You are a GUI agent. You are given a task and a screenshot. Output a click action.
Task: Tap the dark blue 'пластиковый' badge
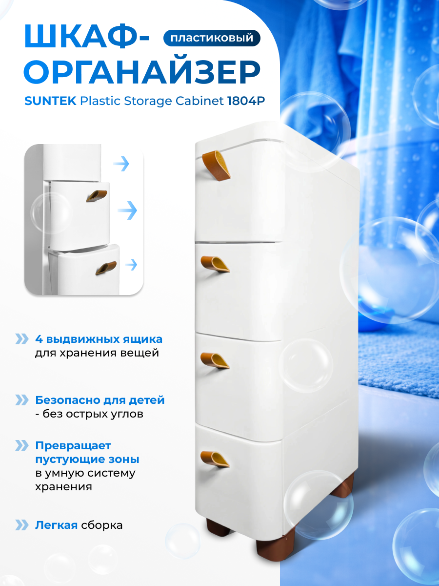[212, 38]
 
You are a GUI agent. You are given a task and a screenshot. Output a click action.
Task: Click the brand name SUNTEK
[50, 102]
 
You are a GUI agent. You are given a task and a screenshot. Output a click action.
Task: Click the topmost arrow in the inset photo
[121, 164]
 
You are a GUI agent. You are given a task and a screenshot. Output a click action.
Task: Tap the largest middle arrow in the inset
[127, 211]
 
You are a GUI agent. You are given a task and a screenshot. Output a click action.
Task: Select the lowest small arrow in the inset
[131, 265]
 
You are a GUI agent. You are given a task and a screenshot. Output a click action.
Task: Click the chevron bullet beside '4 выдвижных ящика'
[22, 339]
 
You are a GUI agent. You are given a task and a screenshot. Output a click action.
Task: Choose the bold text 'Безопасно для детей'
[100, 400]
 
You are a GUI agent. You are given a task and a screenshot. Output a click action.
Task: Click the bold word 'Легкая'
[56, 525]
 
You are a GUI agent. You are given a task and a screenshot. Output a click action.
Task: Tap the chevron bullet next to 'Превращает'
[22, 445]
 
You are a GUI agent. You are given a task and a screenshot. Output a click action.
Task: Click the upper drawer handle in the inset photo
[97, 194]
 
